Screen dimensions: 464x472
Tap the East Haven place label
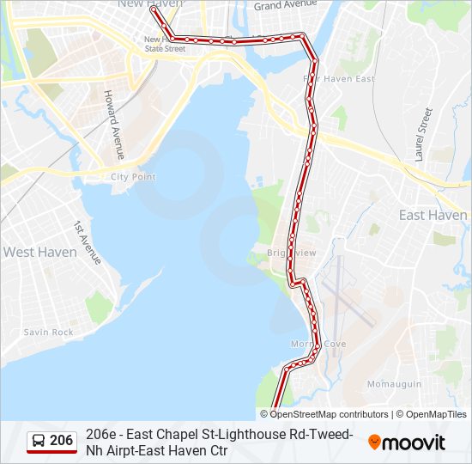433,215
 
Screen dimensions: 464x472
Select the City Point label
133,176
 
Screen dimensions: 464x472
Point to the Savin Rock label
49,332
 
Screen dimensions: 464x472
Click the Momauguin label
394,383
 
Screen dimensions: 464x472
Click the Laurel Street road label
421,135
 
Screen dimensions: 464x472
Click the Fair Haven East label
340,79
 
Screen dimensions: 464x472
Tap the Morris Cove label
318,344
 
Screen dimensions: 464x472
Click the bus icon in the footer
39,441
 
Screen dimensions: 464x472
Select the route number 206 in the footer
62,441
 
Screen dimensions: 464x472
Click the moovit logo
407,443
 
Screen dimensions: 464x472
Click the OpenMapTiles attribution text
437,414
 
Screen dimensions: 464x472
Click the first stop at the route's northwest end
153,11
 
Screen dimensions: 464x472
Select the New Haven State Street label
164,44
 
